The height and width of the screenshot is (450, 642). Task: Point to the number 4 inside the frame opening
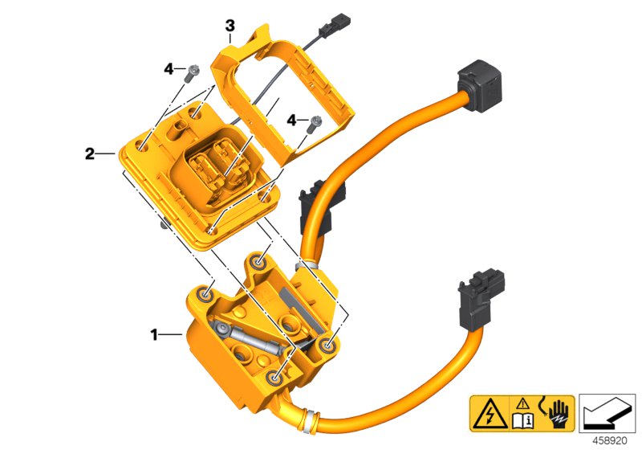click(291, 121)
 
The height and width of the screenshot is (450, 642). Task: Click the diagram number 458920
click(613, 440)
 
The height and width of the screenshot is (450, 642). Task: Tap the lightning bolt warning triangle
click(486, 411)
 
